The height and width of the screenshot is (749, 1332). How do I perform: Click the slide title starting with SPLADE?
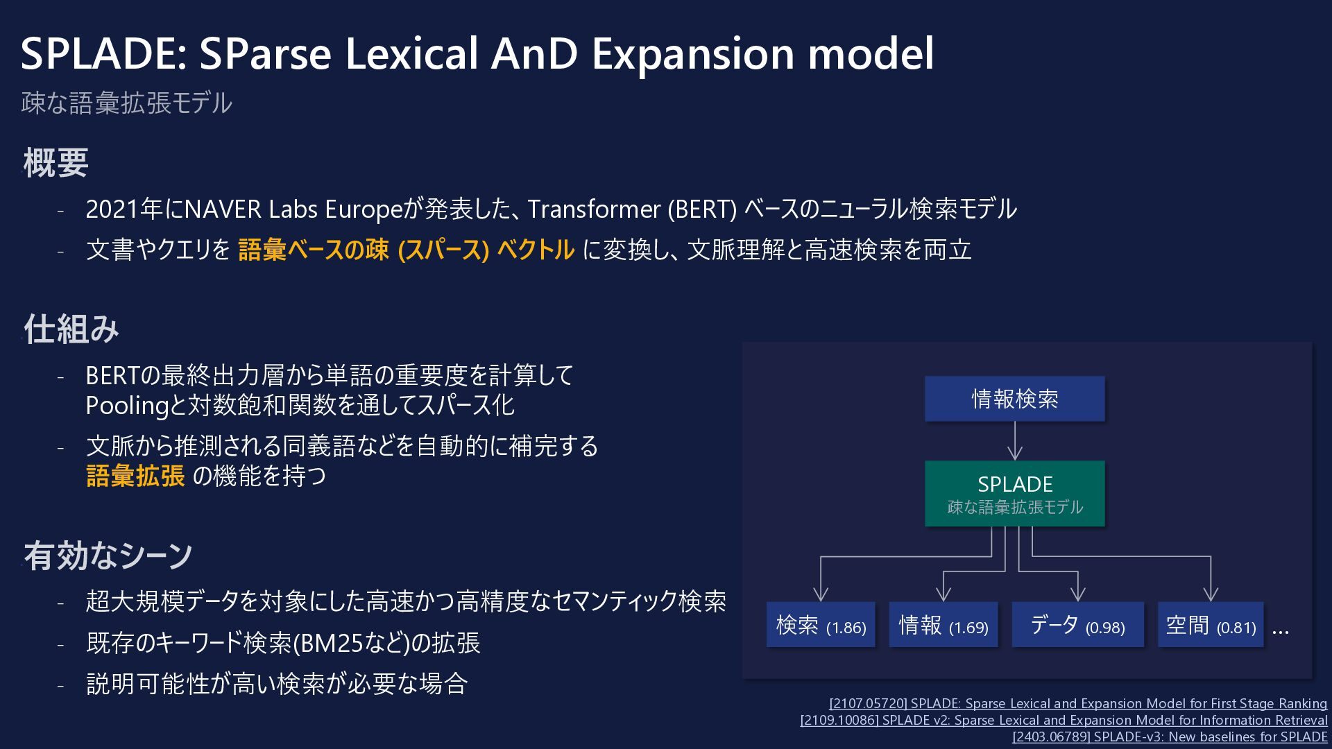(x=477, y=54)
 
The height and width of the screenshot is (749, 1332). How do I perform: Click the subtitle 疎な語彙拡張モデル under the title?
(x=126, y=103)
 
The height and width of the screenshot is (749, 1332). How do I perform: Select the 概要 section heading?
(x=56, y=163)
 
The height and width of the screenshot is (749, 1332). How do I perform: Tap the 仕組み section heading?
(x=71, y=329)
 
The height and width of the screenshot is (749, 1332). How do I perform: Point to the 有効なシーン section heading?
(x=108, y=556)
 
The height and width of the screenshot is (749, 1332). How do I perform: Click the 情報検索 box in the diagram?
(x=1015, y=399)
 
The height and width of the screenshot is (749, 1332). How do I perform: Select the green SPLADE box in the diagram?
(x=1015, y=494)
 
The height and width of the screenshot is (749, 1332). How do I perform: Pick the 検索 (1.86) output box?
(x=821, y=625)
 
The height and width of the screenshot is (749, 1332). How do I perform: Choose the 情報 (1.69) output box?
(x=943, y=625)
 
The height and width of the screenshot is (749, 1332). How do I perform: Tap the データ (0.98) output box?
(x=1078, y=625)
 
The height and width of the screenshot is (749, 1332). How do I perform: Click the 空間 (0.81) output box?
(x=1211, y=625)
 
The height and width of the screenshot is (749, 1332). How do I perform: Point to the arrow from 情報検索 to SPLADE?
(x=1015, y=441)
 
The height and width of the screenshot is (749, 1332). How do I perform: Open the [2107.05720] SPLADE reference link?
(x=1078, y=703)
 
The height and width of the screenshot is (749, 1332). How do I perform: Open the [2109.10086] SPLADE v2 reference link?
(x=1064, y=720)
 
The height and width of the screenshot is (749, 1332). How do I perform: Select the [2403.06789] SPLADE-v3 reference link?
(x=1170, y=737)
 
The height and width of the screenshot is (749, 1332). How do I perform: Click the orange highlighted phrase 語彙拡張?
(x=136, y=476)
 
